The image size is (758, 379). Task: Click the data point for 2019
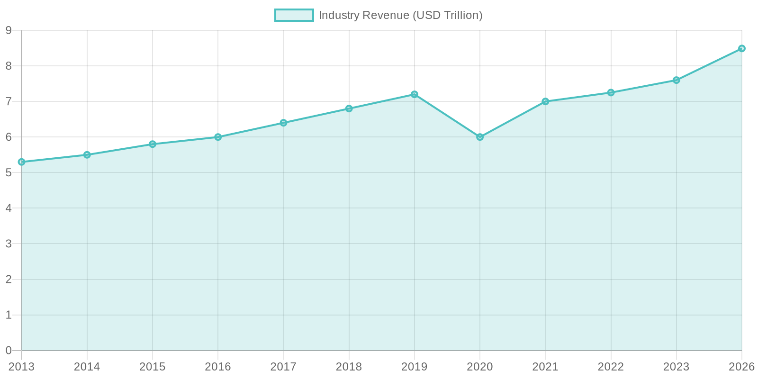[x=415, y=94]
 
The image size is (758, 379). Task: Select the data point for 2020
[x=480, y=137]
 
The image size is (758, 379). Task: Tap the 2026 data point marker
[x=742, y=48]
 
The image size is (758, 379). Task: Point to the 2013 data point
[x=21, y=162]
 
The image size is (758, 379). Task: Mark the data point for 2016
[x=218, y=137]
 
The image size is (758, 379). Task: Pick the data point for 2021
[x=545, y=101]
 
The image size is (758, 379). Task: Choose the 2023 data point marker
[x=677, y=80]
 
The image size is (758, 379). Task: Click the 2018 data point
[x=349, y=108]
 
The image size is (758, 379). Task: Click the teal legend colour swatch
[x=294, y=15]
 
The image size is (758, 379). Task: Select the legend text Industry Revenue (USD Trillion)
[x=401, y=15]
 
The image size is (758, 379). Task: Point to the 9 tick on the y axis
[x=9, y=30]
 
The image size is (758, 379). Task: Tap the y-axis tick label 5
[x=9, y=173]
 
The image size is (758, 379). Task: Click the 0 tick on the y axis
[x=9, y=351]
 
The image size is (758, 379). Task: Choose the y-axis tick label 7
[x=9, y=101]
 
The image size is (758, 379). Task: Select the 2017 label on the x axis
[x=283, y=367]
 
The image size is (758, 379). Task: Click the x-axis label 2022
[x=611, y=367]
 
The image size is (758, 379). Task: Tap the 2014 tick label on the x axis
[x=87, y=367]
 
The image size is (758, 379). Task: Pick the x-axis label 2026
[x=741, y=367]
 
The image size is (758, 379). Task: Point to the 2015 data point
[x=153, y=144]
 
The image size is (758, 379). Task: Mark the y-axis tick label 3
[x=9, y=244]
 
